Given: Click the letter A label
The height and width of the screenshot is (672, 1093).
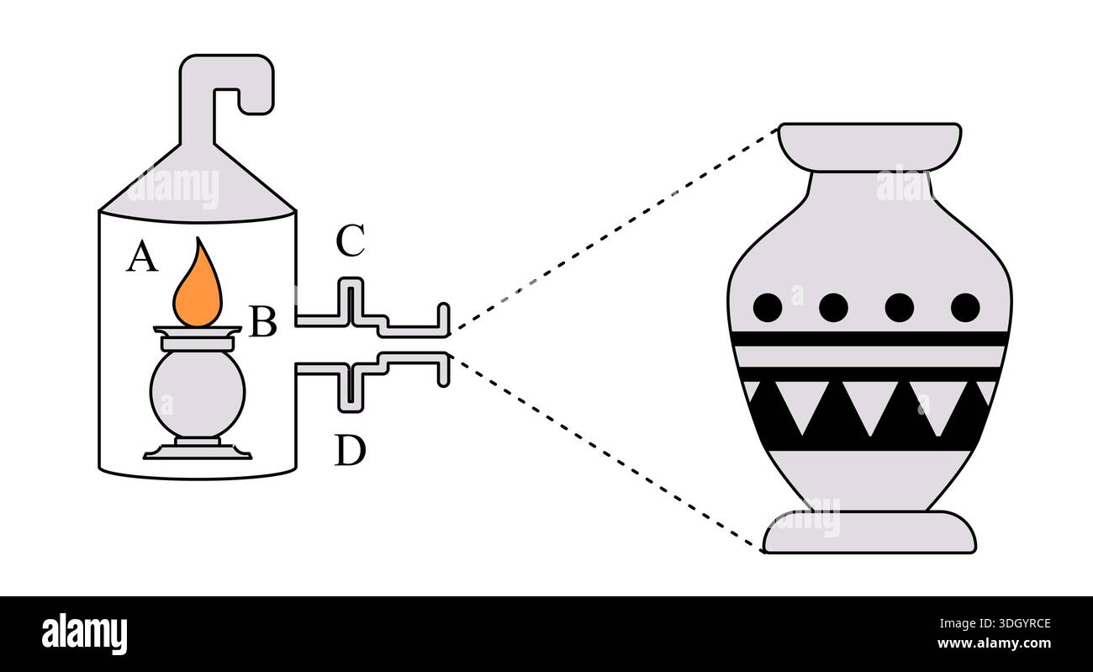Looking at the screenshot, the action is [x=142, y=257].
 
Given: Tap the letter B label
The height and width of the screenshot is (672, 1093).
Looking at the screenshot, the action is [x=263, y=321].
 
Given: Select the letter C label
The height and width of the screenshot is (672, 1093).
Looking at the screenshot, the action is [x=351, y=240].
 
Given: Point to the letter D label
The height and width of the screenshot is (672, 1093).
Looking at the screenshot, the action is [x=350, y=450].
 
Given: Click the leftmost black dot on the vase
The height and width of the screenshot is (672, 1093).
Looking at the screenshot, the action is [x=768, y=308].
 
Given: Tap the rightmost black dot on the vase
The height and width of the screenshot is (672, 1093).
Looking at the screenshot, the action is [x=965, y=308].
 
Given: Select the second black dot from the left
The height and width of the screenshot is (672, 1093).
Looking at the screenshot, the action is [x=833, y=308].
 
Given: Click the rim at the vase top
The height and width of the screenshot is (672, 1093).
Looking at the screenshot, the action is [x=869, y=147].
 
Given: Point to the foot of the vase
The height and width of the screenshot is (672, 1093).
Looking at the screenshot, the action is [x=869, y=532].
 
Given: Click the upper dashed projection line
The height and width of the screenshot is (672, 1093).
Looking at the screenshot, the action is [x=614, y=230].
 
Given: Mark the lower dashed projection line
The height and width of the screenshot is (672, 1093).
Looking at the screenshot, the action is [x=606, y=454].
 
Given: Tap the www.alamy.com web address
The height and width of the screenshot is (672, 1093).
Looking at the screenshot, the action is [x=994, y=643].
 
